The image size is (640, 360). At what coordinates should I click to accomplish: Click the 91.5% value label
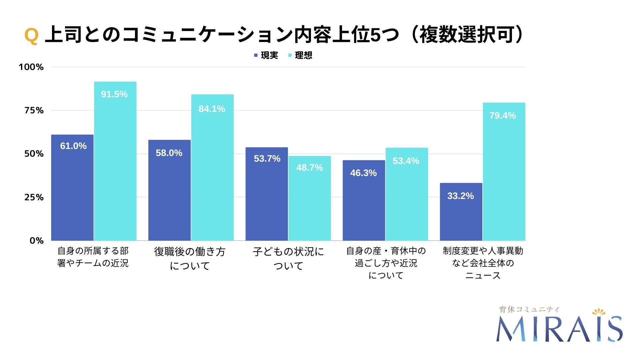[x=114, y=94]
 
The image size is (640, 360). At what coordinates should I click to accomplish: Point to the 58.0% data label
[x=169, y=153]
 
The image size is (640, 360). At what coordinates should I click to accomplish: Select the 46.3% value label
[x=363, y=173]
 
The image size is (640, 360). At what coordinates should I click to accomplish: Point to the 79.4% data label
[x=502, y=116]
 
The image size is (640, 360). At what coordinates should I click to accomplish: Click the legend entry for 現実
[x=266, y=55]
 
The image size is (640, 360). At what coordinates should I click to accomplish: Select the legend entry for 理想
[x=300, y=55]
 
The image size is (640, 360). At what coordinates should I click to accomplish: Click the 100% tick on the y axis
[x=31, y=67]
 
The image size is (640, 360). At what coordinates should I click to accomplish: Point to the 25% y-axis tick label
[x=34, y=197]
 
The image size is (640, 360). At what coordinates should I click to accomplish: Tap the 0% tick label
[x=36, y=241]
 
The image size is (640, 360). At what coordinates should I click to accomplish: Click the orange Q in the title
[x=31, y=36]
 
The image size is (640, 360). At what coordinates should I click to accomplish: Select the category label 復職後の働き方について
[x=190, y=258]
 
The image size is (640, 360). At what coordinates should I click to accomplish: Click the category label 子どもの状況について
[x=288, y=258]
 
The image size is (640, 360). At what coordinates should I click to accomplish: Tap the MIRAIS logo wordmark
[x=559, y=329]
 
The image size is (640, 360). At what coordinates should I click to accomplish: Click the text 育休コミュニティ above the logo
[x=529, y=309]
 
